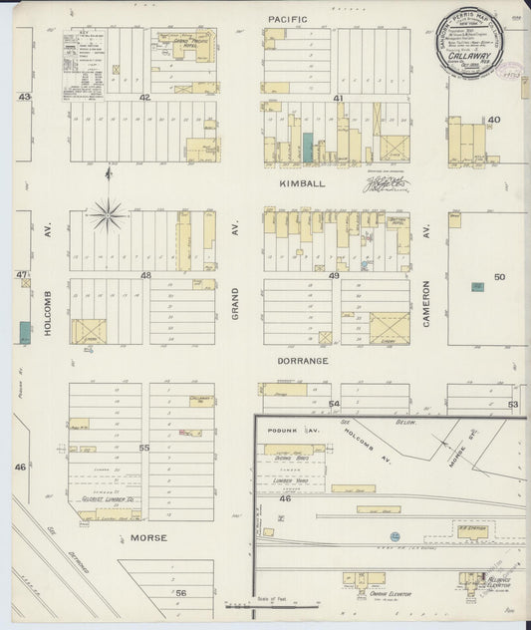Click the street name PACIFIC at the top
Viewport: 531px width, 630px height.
(288, 19)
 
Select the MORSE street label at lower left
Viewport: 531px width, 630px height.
(147, 537)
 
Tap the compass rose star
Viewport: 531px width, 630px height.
(108, 212)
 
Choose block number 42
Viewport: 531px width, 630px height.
(144, 98)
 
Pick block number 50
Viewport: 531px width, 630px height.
(499, 276)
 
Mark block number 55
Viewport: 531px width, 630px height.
(144, 449)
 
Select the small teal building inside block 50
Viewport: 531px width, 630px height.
(477, 286)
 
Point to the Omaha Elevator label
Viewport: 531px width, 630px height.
(390, 594)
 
